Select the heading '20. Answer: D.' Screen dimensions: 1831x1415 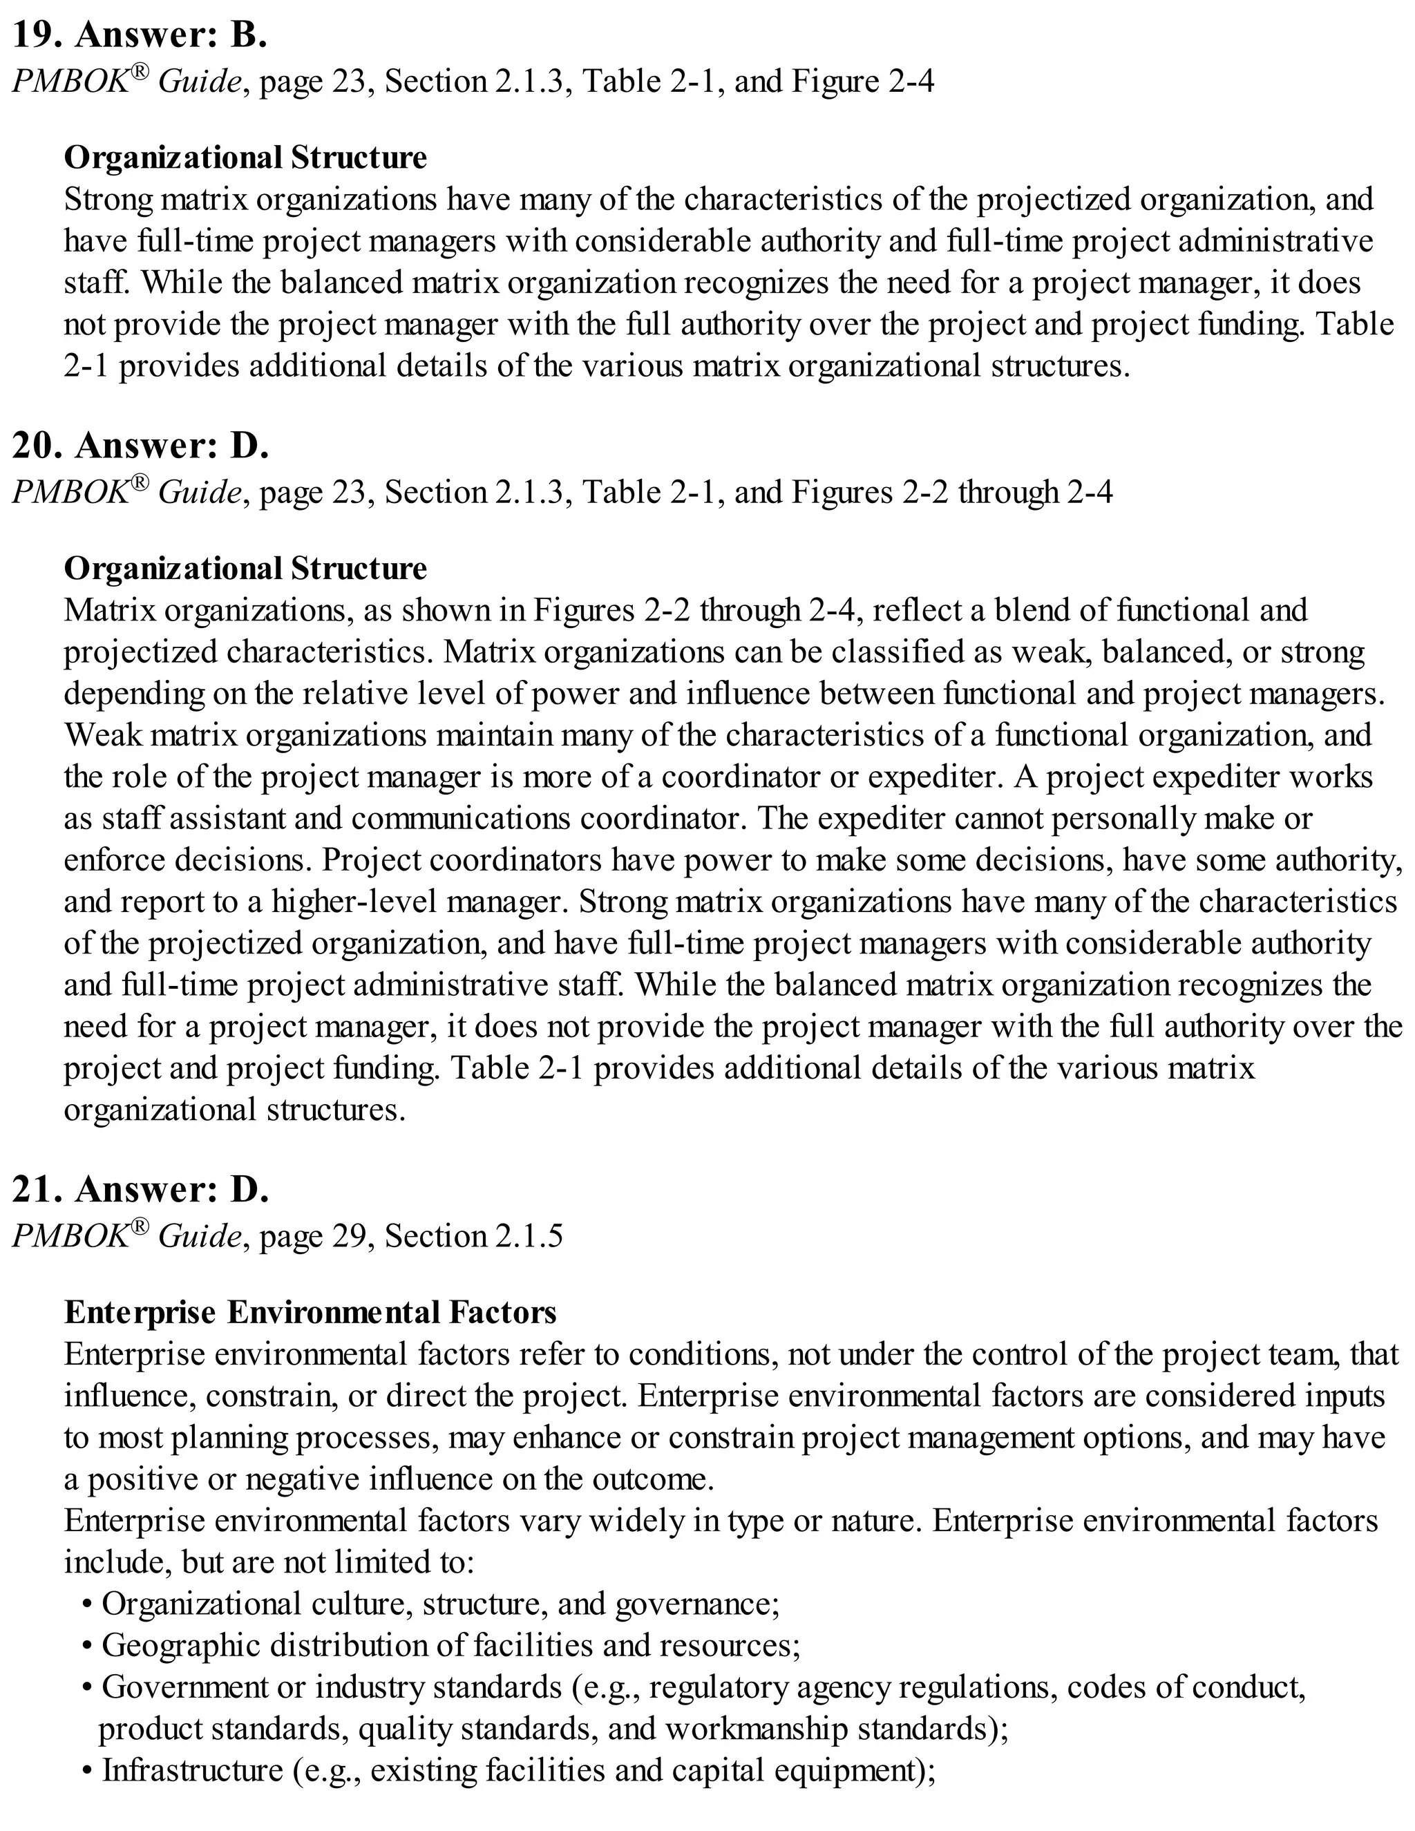[140, 446]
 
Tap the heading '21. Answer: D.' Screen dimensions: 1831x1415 [140, 1190]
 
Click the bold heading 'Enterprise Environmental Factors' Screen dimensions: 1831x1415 [310, 1312]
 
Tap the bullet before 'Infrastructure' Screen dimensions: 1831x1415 [87, 1771]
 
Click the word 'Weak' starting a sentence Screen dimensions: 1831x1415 [97, 735]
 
